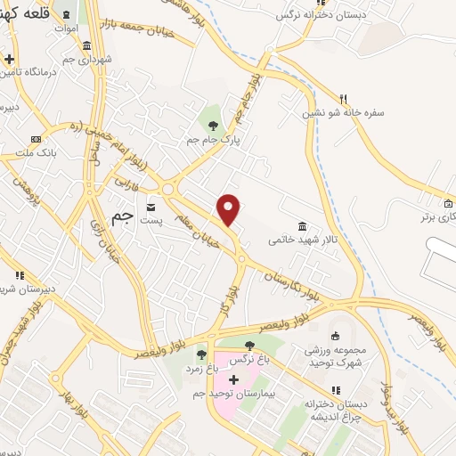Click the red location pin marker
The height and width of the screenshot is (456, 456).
(229, 208)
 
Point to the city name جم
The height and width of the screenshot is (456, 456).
(123, 216)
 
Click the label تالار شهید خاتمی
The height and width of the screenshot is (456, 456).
(302, 241)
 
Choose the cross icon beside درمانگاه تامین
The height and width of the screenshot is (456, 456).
(9, 60)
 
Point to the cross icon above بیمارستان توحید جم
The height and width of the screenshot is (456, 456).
(233, 379)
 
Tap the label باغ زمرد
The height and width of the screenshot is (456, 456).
(201, 366)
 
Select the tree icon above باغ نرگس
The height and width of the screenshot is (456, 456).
(248, 345)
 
